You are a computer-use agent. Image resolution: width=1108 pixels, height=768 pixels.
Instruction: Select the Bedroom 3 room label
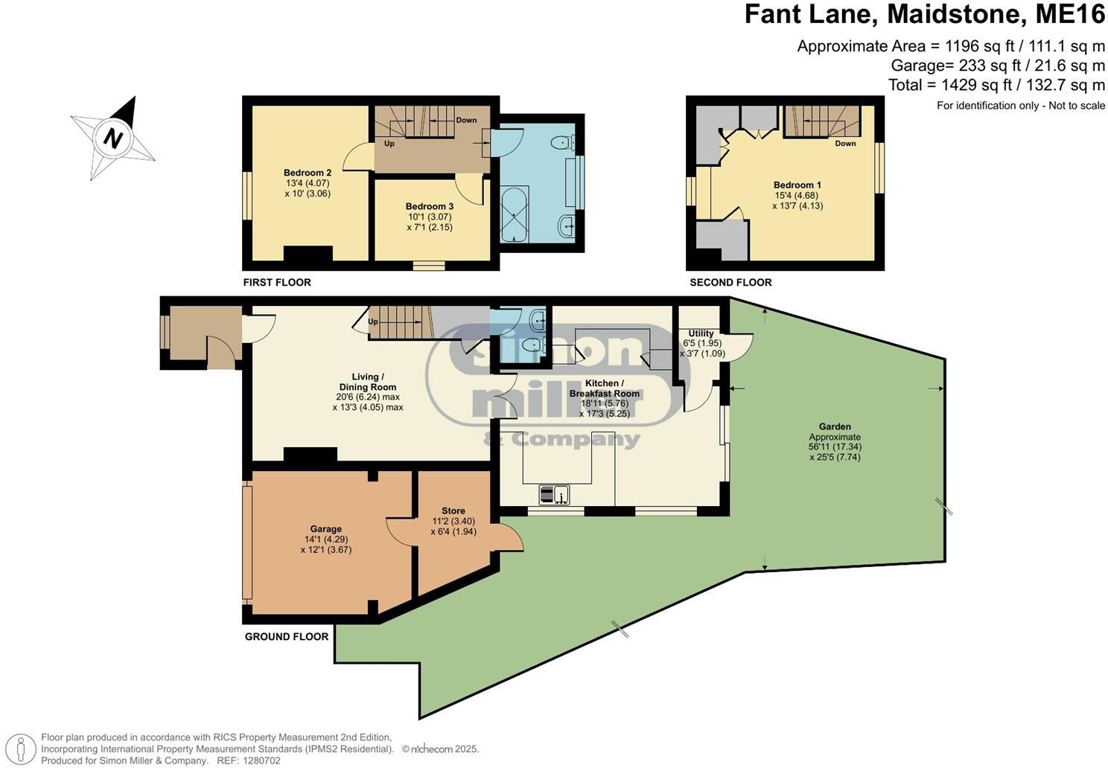430,206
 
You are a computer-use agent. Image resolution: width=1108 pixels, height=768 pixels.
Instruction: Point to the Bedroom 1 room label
797,185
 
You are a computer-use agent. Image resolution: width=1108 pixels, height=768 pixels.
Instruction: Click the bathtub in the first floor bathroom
514,214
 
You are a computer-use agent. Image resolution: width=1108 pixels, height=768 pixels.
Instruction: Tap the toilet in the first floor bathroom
561,142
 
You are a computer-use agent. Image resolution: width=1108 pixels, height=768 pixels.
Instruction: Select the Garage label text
326,529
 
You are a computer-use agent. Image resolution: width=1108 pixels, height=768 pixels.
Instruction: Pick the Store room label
453,511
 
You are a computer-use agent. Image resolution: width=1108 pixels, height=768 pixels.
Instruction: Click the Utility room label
701,333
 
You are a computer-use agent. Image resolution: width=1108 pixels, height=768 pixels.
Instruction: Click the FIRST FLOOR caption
277,283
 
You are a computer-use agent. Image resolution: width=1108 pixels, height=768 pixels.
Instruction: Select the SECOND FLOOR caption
730,283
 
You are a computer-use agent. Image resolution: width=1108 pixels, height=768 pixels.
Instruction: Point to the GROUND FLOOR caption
287,637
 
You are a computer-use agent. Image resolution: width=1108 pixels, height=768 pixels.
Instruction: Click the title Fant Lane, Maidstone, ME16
925,15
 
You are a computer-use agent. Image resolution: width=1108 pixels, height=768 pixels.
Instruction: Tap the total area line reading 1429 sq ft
996,85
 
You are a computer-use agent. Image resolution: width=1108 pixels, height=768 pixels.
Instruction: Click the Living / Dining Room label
368,382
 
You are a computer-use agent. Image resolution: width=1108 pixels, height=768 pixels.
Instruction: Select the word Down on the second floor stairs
845,144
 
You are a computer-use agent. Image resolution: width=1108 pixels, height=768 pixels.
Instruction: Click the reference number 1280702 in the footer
259,761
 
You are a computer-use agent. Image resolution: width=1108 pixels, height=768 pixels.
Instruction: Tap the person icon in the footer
24,748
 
